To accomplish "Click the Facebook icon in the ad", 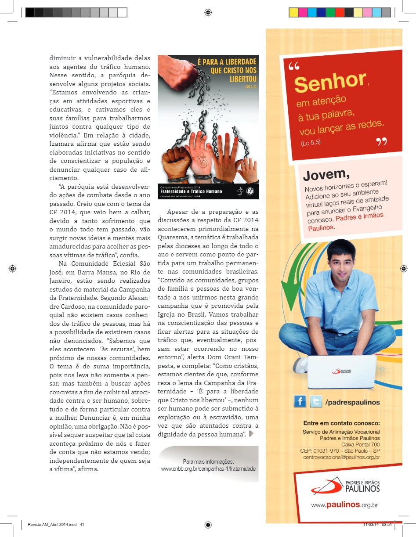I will pos(300,401).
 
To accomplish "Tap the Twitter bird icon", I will pos(315,401).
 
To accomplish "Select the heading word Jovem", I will pos(326,175).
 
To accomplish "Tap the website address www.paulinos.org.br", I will pos(344,505).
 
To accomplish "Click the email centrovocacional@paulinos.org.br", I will pos(341,457).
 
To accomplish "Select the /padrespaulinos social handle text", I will pos(352,402).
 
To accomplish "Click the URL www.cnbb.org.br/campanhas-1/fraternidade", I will pos(208,469).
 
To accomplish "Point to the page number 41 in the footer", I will pos(82,525).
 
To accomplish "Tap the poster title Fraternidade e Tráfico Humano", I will pos(191,191).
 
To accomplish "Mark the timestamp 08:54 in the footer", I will pos(387,525).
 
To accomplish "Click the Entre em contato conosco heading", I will pos(341,424).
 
